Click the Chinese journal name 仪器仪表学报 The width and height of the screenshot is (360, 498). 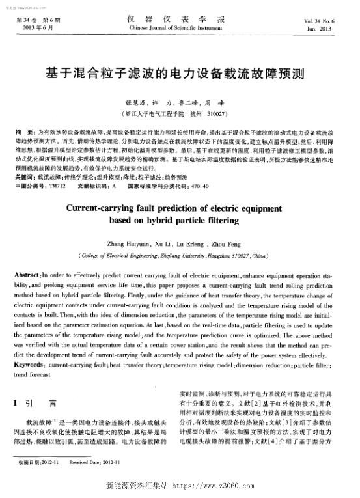click(180, 20)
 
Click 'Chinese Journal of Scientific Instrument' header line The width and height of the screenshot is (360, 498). click(180, 29)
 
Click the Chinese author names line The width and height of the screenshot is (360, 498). click(180, 103)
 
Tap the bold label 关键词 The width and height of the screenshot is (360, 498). click(25, 176)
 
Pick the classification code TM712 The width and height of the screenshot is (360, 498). click(58, 186)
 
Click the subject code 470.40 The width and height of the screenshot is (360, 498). click(197, 186)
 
